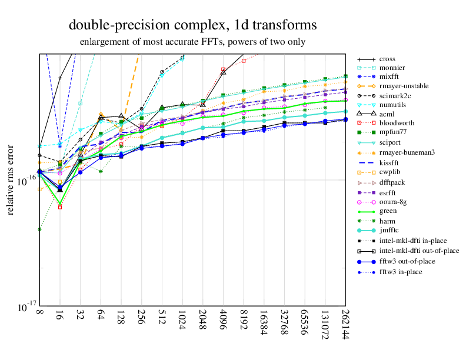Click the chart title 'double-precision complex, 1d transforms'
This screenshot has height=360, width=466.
point(192,25)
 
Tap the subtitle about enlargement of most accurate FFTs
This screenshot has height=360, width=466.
point(192,42)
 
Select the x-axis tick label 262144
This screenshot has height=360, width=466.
point(345,325)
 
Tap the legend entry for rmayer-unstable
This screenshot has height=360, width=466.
point(403,86)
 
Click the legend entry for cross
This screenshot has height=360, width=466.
point(387,59)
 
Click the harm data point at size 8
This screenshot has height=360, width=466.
point(39,229)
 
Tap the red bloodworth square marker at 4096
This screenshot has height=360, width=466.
point(224,69)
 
